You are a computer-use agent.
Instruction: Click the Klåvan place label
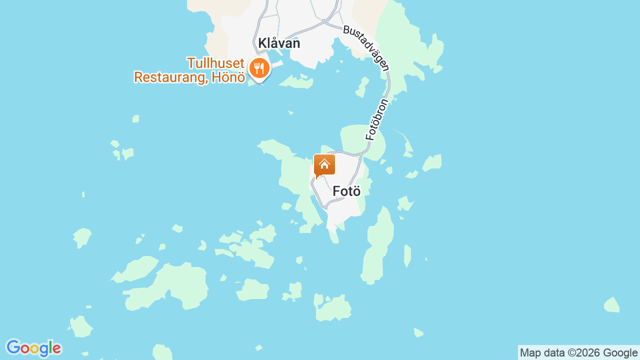pyautogui.click(x=279, y=43)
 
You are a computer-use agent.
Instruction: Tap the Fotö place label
pyautogui.click(x=346, y=191)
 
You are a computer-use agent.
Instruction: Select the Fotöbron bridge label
pyautogui.click(x=377, y=119)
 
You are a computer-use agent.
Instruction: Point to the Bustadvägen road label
pyautogui.click(x=365, y=48)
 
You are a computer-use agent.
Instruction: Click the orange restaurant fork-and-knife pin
pyautogui.click(x=259, y=67)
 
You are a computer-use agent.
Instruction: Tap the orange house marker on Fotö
pyautogui.click(x=324, y=165)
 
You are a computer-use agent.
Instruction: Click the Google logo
pyautogui.click(x=33, y=348)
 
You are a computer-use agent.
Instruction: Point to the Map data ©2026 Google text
pyautogui.click(x=578, y=353)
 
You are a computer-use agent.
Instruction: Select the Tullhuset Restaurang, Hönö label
pyautogui.click(x=189, y=70)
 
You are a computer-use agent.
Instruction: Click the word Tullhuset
pyautogui.click(x=215, y=63)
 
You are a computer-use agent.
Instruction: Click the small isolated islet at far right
pyautogui.click(x=612, y=305)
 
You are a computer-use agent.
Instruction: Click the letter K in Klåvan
pyautogui.click(x=262, y=43)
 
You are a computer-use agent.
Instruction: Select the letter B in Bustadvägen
pyautogui.click(x=346, y=29)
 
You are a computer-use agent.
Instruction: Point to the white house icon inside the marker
pyautogui.click(x=324, y=163)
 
